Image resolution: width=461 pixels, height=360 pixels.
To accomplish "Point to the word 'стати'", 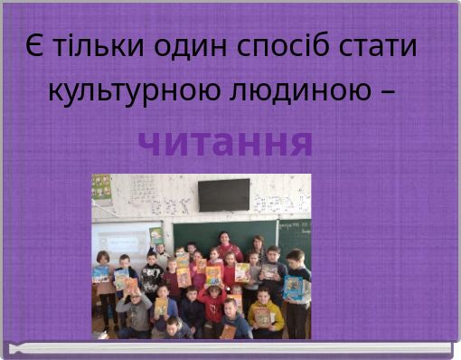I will pyautogui.click(x=381, y=46).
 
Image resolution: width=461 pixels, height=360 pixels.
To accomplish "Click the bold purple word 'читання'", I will pyautogui.click(x=226, y=142).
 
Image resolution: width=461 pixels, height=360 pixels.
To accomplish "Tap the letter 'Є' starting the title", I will pyautogui.click(x=33, y=46).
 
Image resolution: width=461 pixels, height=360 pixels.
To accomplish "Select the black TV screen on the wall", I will pyautogui.click(x=223, y=194).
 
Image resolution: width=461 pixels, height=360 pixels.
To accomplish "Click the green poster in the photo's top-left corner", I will pyautogui.click(x=101, y=187).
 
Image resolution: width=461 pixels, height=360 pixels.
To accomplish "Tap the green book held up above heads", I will pyautogui.click(x=155, y=236).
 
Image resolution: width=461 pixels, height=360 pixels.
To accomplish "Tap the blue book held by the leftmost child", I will pyautogui.click(x=100, y=274).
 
